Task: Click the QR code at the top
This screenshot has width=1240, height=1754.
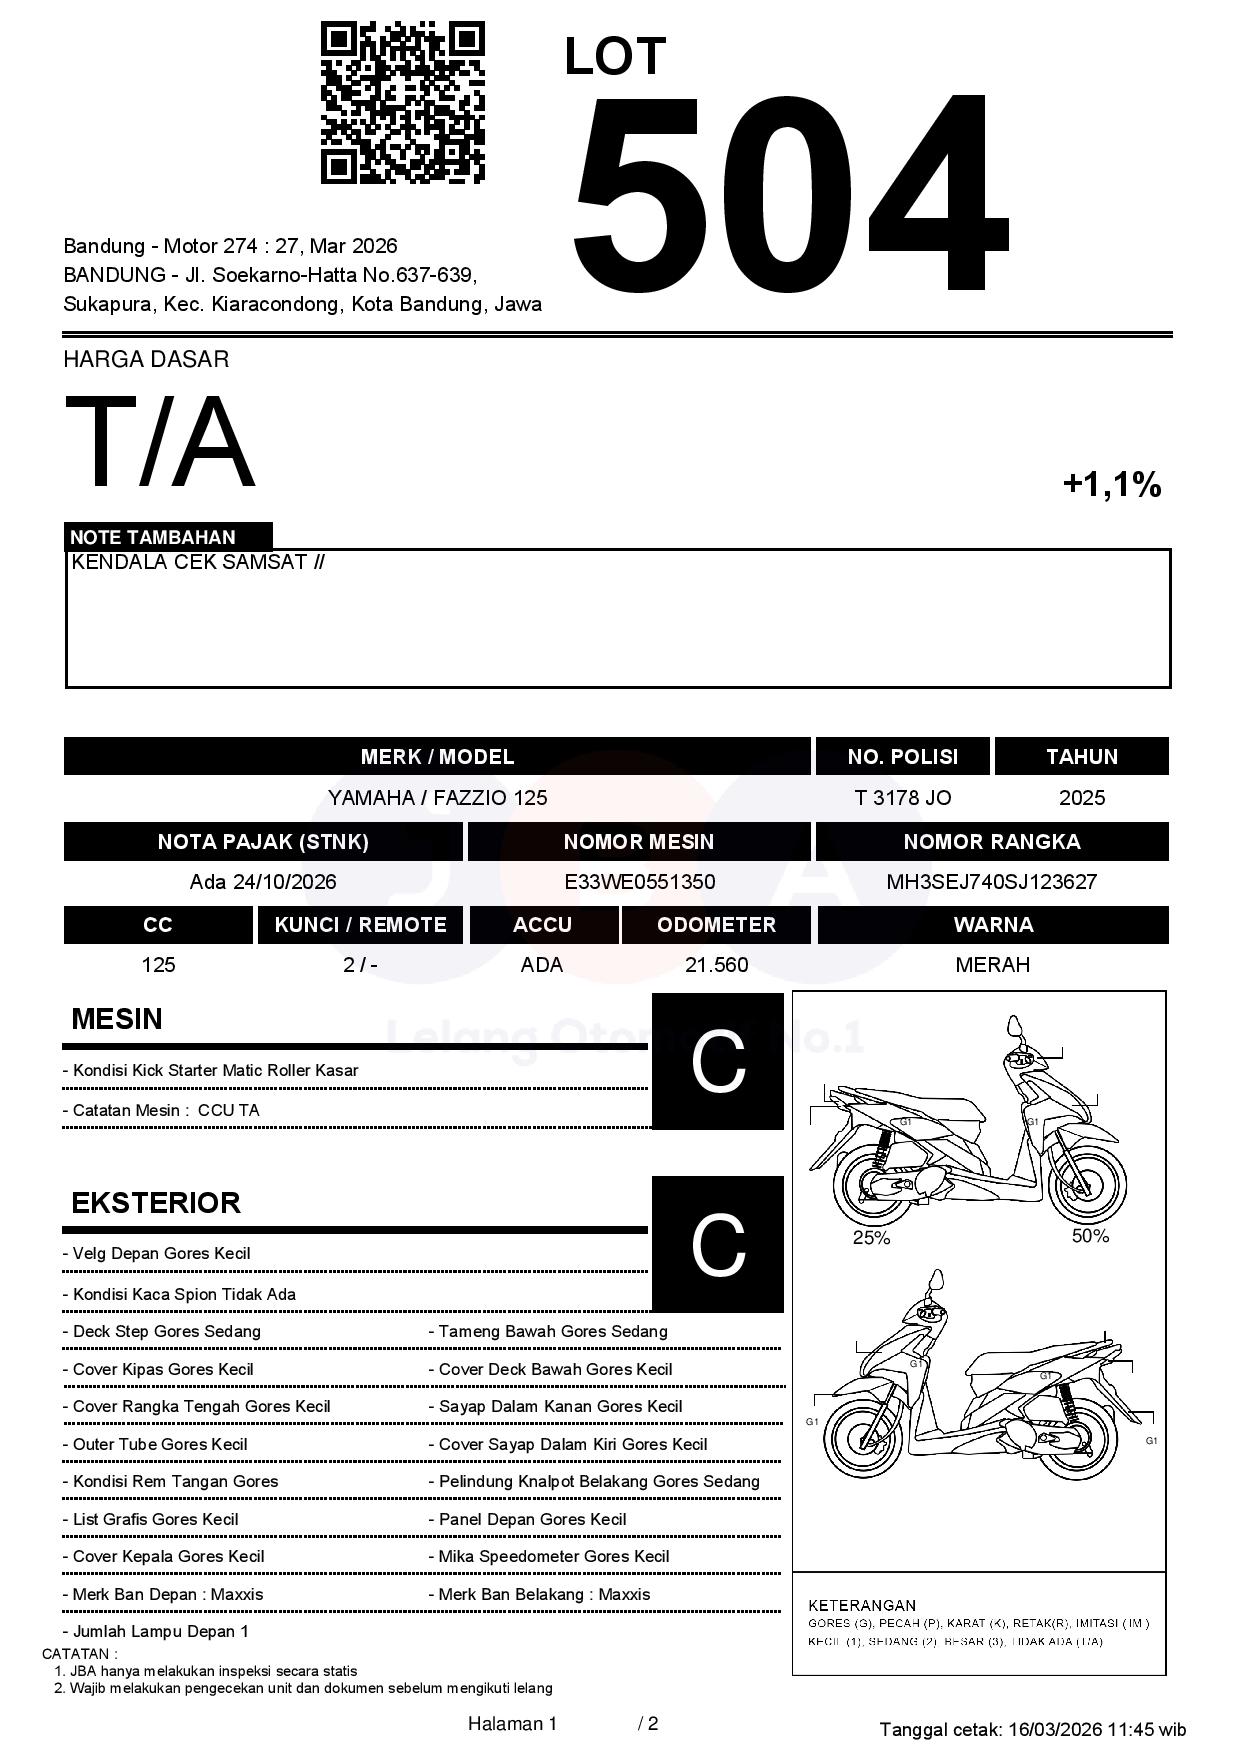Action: pyautogui.click(x=402, y=103)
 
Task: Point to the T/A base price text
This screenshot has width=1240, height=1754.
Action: pyautogui.click(x=160, y=442)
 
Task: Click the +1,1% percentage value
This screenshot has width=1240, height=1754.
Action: pyautogui.click(x=1111, y=485)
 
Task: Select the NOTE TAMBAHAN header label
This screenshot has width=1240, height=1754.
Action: pyautogui.click(x=153, y=537)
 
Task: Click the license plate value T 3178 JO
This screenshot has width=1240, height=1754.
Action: pyautogui.click(x=903, y=798)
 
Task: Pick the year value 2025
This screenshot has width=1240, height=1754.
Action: pyautogui.click(x=1082, y=798)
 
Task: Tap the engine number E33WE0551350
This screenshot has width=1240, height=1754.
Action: pyautogui.click(x=639, y=882)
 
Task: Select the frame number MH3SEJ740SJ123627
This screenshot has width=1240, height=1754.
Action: pyautogui.click(x=991, y=882)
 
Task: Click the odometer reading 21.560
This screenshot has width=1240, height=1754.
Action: pyautogui.click(x=716, y=965)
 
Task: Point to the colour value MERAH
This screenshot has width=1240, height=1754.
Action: pyautogui.click(x=992, y=965)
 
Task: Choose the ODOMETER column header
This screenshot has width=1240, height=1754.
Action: pyautogui.click(x=716, y=925)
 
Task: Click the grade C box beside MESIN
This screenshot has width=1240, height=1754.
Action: pyautogui.click(x=718, y=1061)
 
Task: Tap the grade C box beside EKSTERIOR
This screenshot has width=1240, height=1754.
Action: pyautogui.click(x=718, y=1244)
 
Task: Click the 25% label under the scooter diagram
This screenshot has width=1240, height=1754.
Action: pyautogui.click(x=871, y=1238)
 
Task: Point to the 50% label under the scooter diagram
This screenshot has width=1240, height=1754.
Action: pyautogui.click(x=1090, y=1236)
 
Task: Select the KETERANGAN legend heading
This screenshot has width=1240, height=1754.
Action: pyautogui.click(x=862, y=1605)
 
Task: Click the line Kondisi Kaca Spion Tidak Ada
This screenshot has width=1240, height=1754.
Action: pyautogui.click(x=184, y=1294)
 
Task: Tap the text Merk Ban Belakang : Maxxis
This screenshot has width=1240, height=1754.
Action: pyautogui.click(x=544, y=1594)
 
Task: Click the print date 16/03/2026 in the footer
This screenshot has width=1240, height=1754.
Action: pyautogui.click(x=1055, y=1729)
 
